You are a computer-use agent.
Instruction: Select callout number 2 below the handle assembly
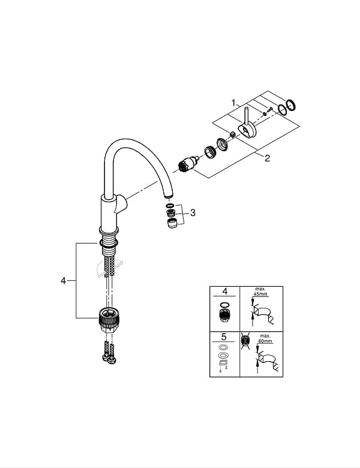[267, 158]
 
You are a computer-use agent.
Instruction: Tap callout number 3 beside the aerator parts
[193, 212]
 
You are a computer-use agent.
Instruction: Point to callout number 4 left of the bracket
[64, 281]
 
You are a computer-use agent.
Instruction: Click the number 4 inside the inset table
[225, 292]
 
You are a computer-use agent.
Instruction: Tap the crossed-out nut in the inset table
[246, 343]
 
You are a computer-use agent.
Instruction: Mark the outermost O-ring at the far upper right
[291, 105]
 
